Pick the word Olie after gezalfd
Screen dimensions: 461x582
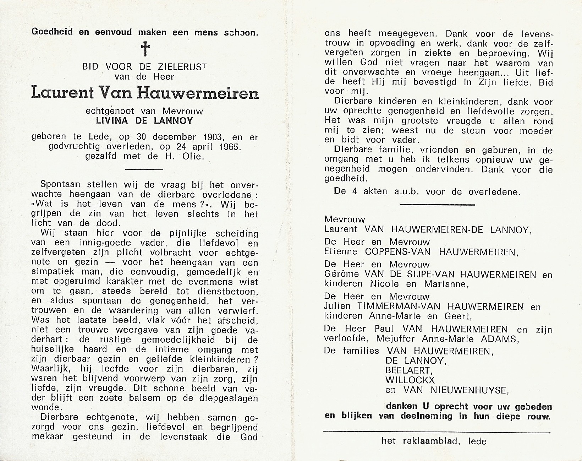pos(193,156)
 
